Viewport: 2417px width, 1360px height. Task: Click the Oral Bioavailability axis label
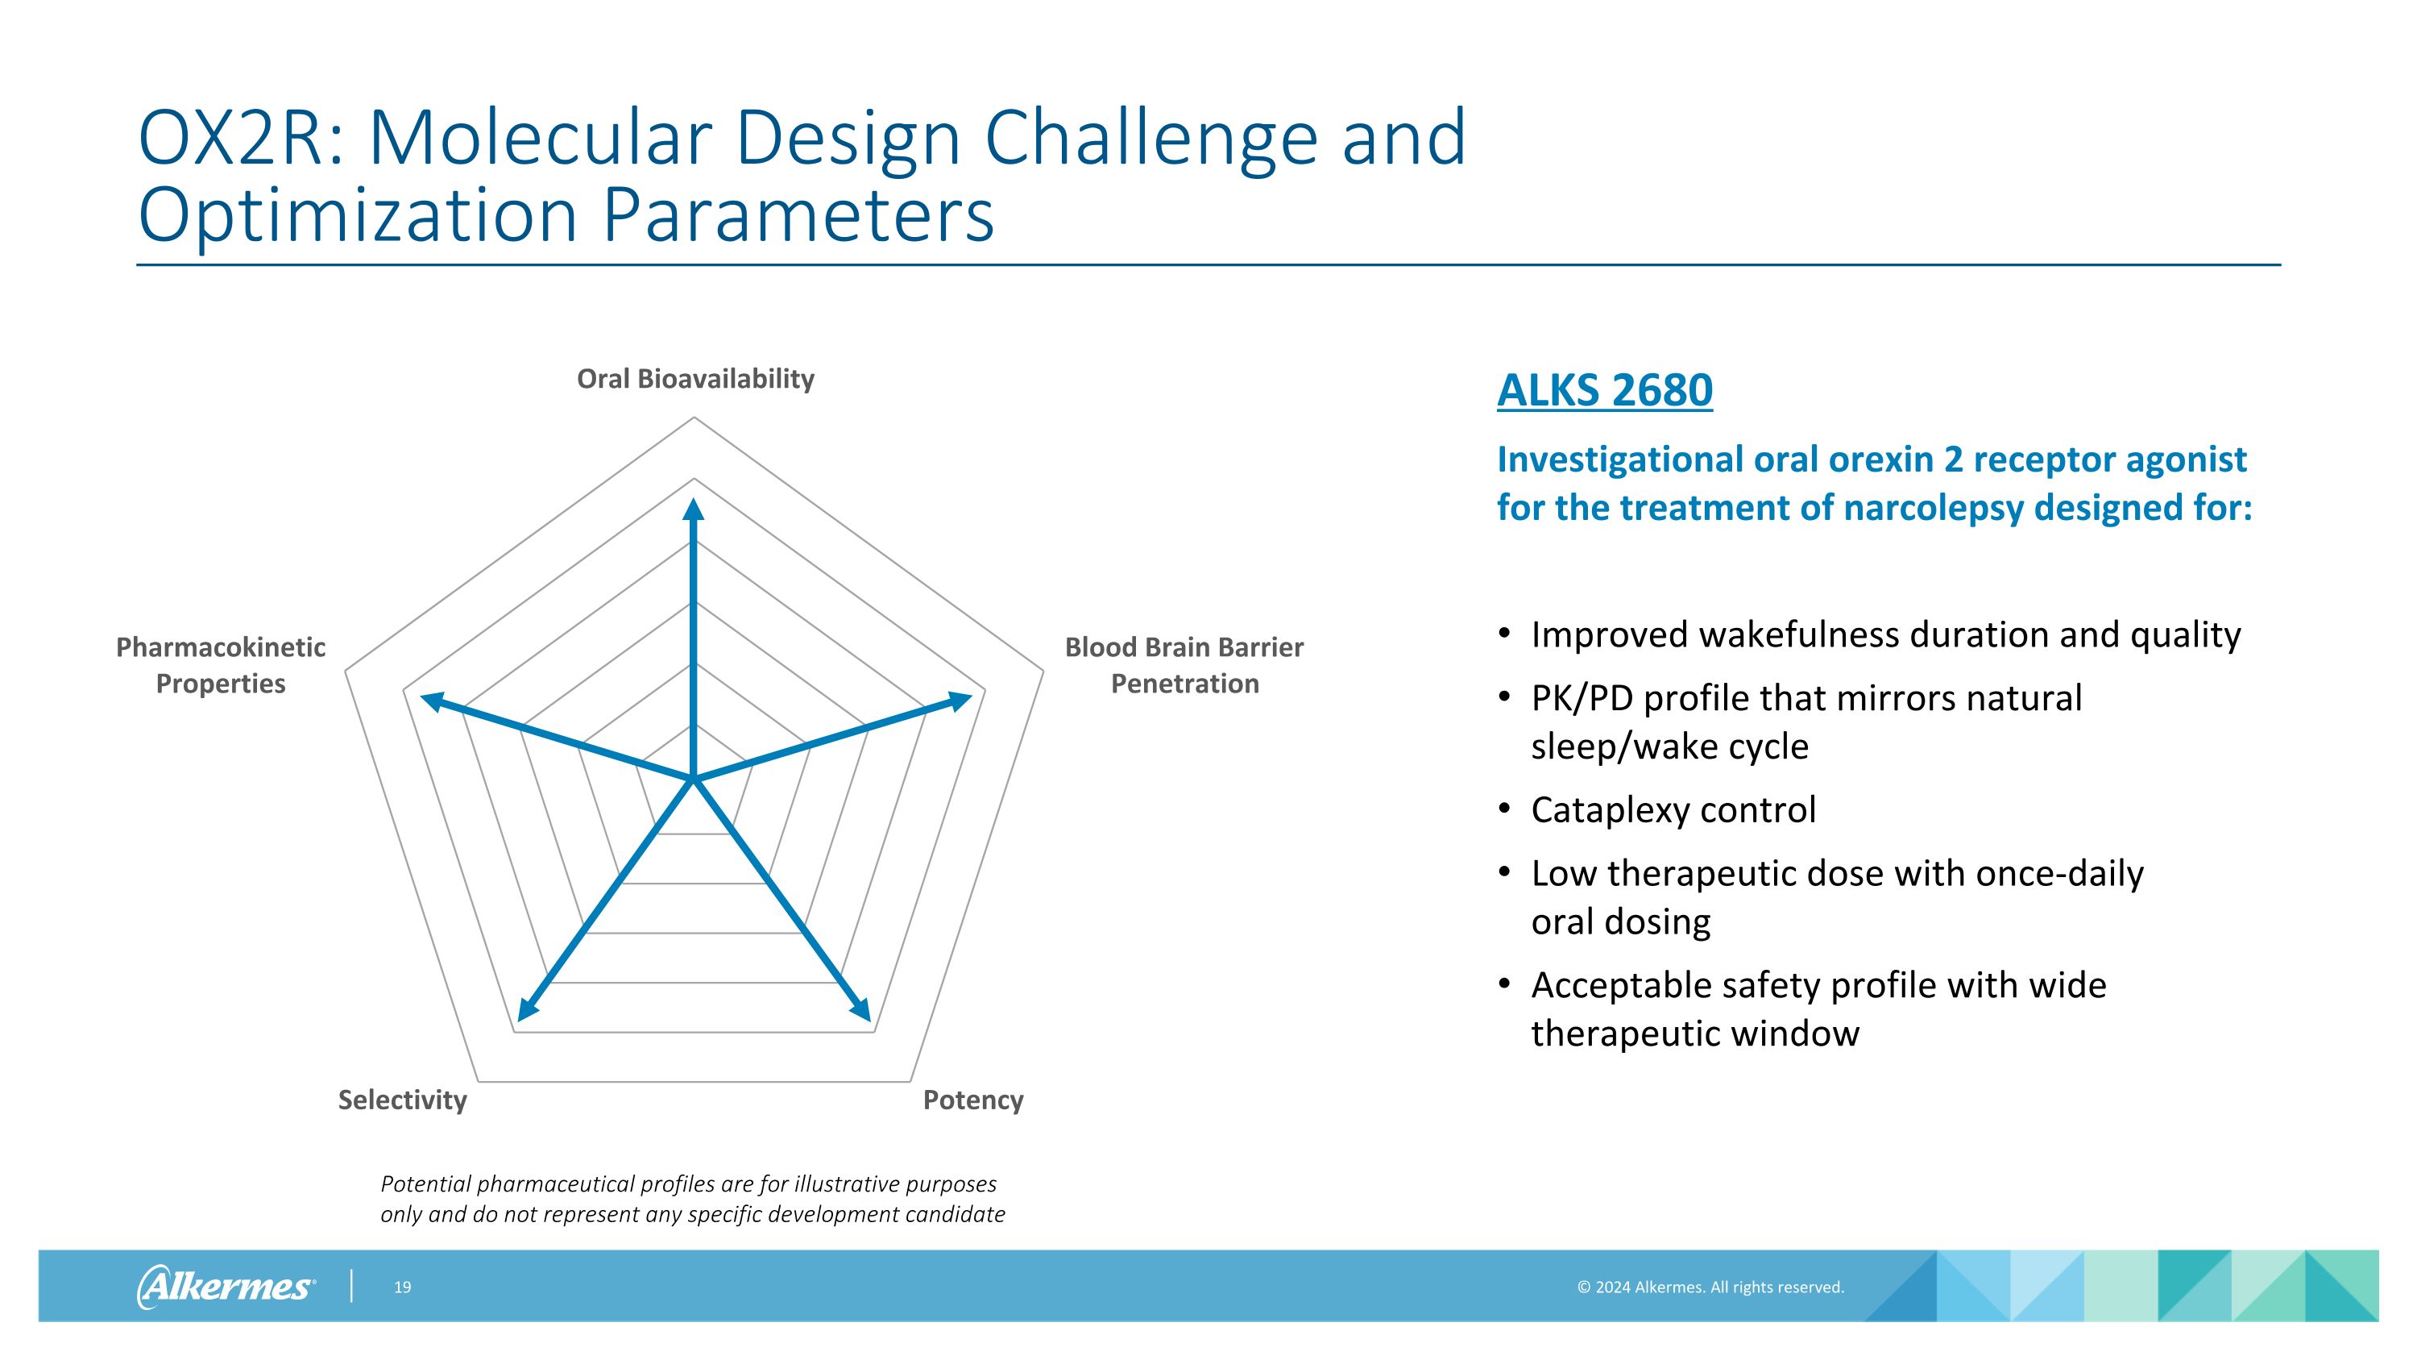point(695,379)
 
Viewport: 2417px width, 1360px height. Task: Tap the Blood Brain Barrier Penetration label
point(1184,664)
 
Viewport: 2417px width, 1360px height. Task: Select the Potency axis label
point(973,1100)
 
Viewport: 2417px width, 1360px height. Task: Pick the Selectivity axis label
point(403,1100)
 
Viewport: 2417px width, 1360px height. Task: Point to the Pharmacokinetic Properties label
point(221,664)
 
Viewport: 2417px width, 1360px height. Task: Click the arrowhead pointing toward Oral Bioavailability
point(694,509)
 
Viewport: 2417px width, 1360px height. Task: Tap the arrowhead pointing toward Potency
point(861,1010)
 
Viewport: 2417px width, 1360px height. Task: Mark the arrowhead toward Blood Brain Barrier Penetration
point(959,701)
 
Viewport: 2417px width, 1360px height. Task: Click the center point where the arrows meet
point(694,779)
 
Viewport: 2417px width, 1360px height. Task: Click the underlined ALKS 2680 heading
point(1604,390)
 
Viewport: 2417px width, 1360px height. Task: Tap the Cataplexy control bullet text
point(1673,810)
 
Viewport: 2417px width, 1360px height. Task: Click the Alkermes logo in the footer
point(226,1287)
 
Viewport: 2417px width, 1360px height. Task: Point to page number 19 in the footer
point(403,1287)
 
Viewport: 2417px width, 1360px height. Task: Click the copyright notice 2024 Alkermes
point(1710,1287)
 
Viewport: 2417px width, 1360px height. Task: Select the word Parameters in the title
point(798,216)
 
